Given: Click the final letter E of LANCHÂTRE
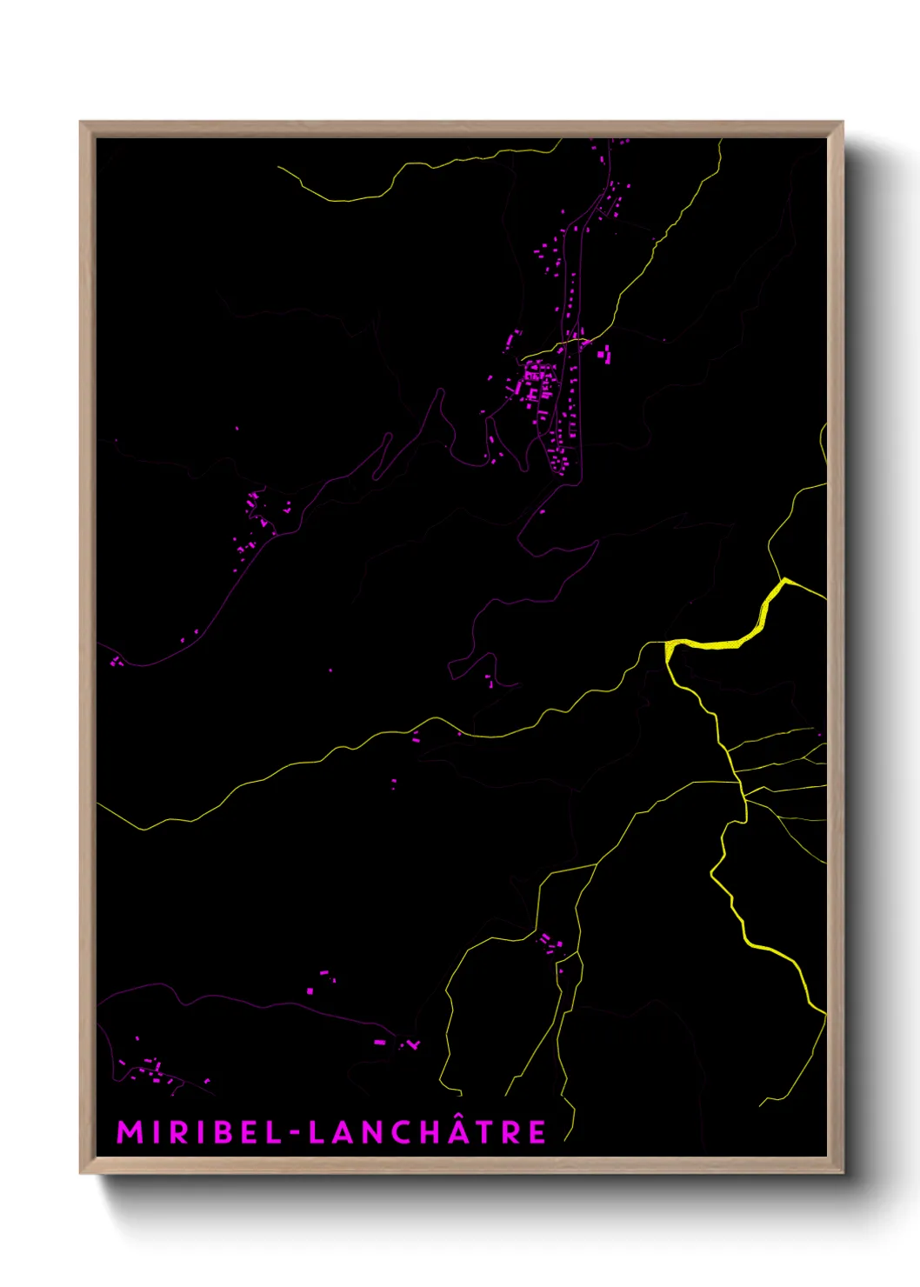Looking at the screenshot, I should [538, 1132].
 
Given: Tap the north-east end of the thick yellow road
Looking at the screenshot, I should [784, 579].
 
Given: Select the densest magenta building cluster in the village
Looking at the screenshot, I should [536, 382].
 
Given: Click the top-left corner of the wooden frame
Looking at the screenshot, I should [82, 123].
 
